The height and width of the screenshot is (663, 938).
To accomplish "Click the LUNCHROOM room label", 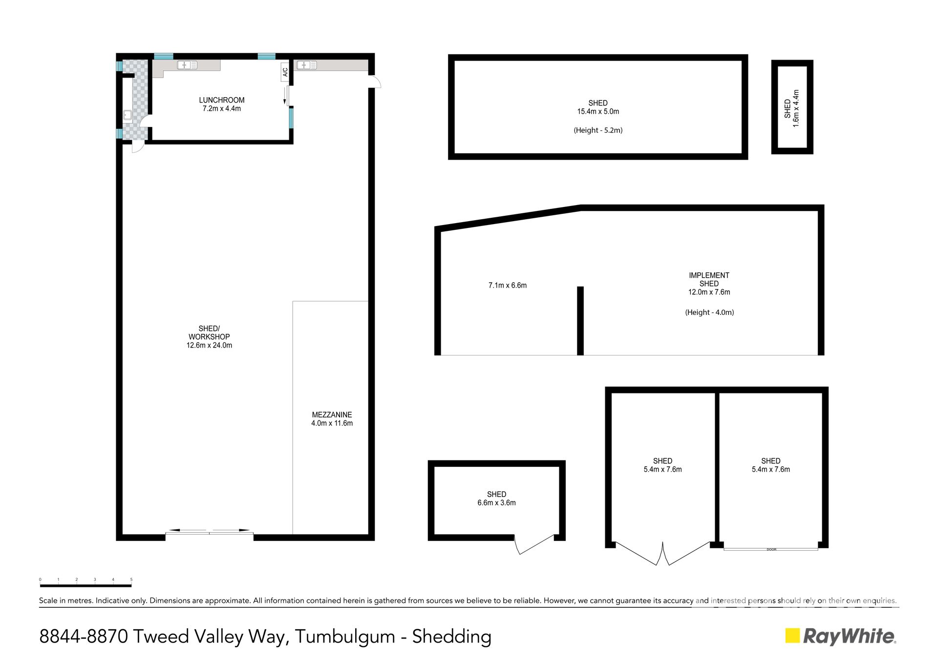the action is (x=221, y=100).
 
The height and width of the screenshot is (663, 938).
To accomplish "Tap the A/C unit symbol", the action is (x=285, y=72).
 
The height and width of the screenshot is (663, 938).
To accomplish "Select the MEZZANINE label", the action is (x=332, y=414).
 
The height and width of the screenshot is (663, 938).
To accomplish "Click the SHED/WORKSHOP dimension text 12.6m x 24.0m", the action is (x=209, y=345).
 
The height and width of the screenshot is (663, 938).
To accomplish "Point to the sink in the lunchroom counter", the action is (x=187, y=65).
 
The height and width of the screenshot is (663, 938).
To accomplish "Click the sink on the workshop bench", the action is (x=306, y=65).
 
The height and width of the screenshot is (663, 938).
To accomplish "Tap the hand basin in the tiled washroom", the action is (x=128, y=115).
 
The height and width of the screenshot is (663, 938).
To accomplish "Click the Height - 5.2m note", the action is (x=598, y=130).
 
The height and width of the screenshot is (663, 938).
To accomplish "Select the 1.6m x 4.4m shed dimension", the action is (x=796, y=108).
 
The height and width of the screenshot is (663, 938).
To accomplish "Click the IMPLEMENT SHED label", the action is (x=709, y=279).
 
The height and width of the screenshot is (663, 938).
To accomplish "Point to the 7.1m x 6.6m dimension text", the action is (x=508, y=285).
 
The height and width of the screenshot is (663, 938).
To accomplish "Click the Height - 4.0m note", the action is (x=709, y=312).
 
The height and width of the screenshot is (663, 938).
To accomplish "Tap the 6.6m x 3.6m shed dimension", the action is (x=496, y=502).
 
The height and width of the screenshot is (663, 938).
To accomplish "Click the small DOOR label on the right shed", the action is (x=771, y=549).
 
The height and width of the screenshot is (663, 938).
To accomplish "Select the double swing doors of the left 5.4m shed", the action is (x=662, y=554).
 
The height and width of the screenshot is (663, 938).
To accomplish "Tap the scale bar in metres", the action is (x=86, y=585).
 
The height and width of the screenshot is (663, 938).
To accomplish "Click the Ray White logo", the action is (x=840, y=636).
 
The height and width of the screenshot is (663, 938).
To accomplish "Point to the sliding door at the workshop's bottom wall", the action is (x=209, y=532).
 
